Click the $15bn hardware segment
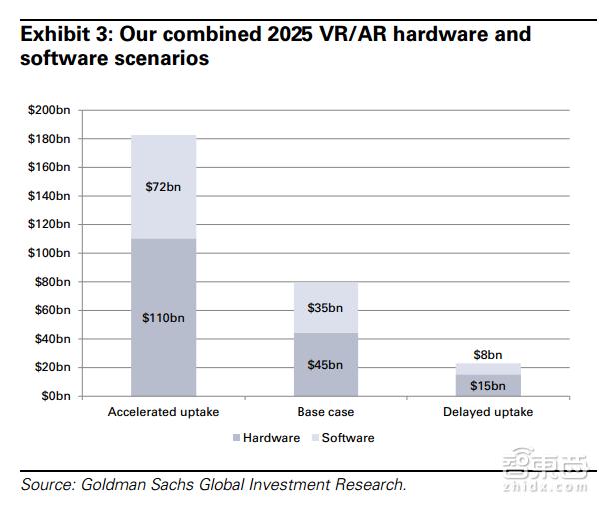point(488,385)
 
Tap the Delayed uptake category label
point(488,412)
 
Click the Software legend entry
point(341,438)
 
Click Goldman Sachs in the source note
point(135,485)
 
